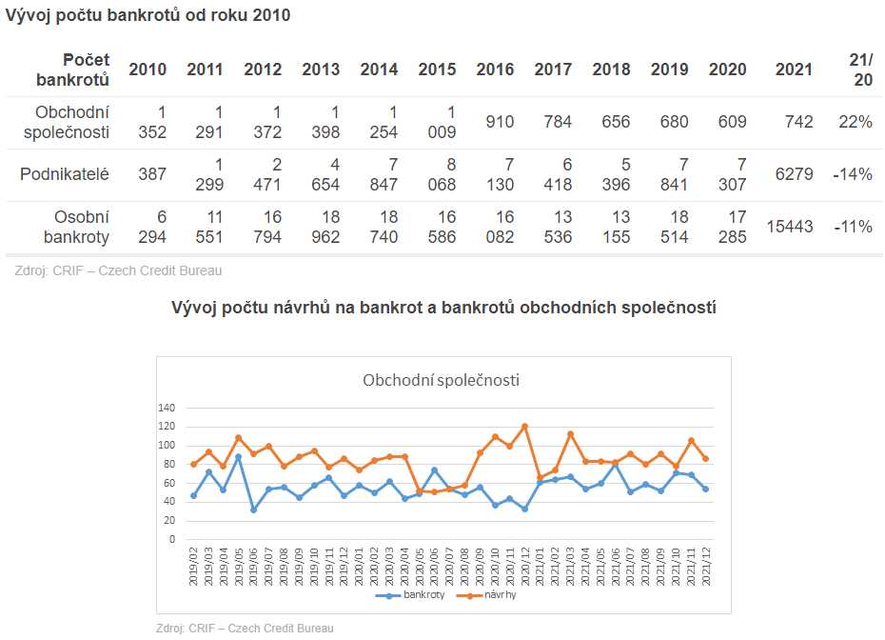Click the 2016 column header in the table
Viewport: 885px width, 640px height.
[x=495, y=70]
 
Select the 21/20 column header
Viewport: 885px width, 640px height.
[x=861, y=70]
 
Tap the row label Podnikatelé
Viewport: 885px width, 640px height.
[x=66, y=174]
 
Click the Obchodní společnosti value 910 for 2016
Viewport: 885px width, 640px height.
[x=500, y=122]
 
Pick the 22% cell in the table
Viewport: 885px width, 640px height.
[x=855, y=122]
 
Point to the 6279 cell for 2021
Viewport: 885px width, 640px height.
[x=794, y=174]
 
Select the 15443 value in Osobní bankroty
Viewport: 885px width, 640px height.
[x=790, y=227]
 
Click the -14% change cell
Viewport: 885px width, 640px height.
[x=853, y=174]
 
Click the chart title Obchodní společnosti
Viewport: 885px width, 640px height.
[x=441, y=381]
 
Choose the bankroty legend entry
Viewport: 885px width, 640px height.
[x=418, y=595]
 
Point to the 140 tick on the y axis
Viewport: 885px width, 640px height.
[x=167, y=408]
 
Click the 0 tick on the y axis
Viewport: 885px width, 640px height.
[x=172, y=539]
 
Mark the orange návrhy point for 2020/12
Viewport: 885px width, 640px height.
[x=524, y=426]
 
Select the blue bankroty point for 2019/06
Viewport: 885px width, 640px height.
[x=254, y=510]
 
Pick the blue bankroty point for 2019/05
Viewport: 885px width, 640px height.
[x=239, y=457]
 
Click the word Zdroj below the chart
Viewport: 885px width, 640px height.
[x=170, y=629]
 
